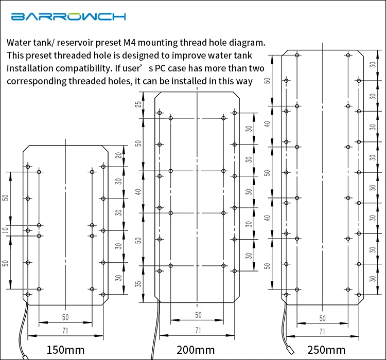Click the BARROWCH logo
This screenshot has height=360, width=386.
pos(68,16)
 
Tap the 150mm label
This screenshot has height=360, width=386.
pos(65,350)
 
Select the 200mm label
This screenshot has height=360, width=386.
pos(196,350)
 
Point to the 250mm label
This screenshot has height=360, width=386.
pos(326,350)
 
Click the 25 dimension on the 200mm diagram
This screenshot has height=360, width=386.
pos(139,104)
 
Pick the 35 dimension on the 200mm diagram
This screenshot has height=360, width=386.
pos(139,284)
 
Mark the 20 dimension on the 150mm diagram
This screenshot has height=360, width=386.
pos(119,155)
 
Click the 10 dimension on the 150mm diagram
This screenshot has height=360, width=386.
pos(6,230)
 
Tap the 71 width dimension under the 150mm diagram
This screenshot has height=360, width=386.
pos(65,330)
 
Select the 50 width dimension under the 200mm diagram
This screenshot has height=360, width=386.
pos(198,315)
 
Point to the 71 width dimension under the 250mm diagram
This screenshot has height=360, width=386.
pos(322,331)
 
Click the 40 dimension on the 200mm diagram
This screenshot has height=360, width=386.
pos(139,192)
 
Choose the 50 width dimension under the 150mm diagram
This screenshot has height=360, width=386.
pos(65,317)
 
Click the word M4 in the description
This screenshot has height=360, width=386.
pos(129,43)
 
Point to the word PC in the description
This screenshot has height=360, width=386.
pos(160,68)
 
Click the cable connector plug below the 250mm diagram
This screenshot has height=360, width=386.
pos(291,350)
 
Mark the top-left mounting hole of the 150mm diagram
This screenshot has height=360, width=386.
pos(28,167)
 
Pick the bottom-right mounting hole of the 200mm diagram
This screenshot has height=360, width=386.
pos(235,271)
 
